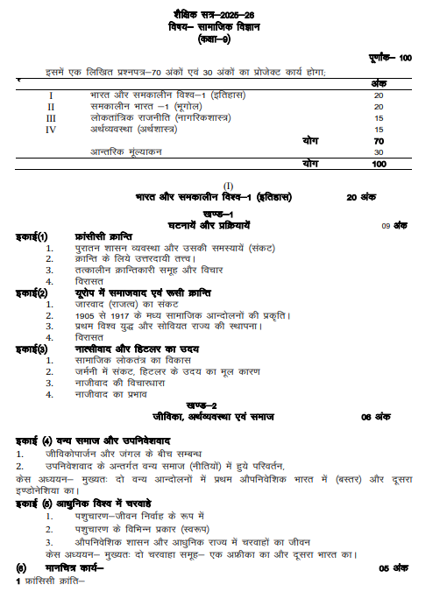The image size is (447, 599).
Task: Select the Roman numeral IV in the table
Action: click(51, 130)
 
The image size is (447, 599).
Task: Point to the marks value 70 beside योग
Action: click(379, 141)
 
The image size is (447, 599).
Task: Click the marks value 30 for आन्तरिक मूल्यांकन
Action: click(379, 152)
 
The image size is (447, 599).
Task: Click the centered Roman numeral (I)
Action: click(230, 186)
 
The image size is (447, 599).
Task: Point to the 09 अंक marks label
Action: click(394, 225)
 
